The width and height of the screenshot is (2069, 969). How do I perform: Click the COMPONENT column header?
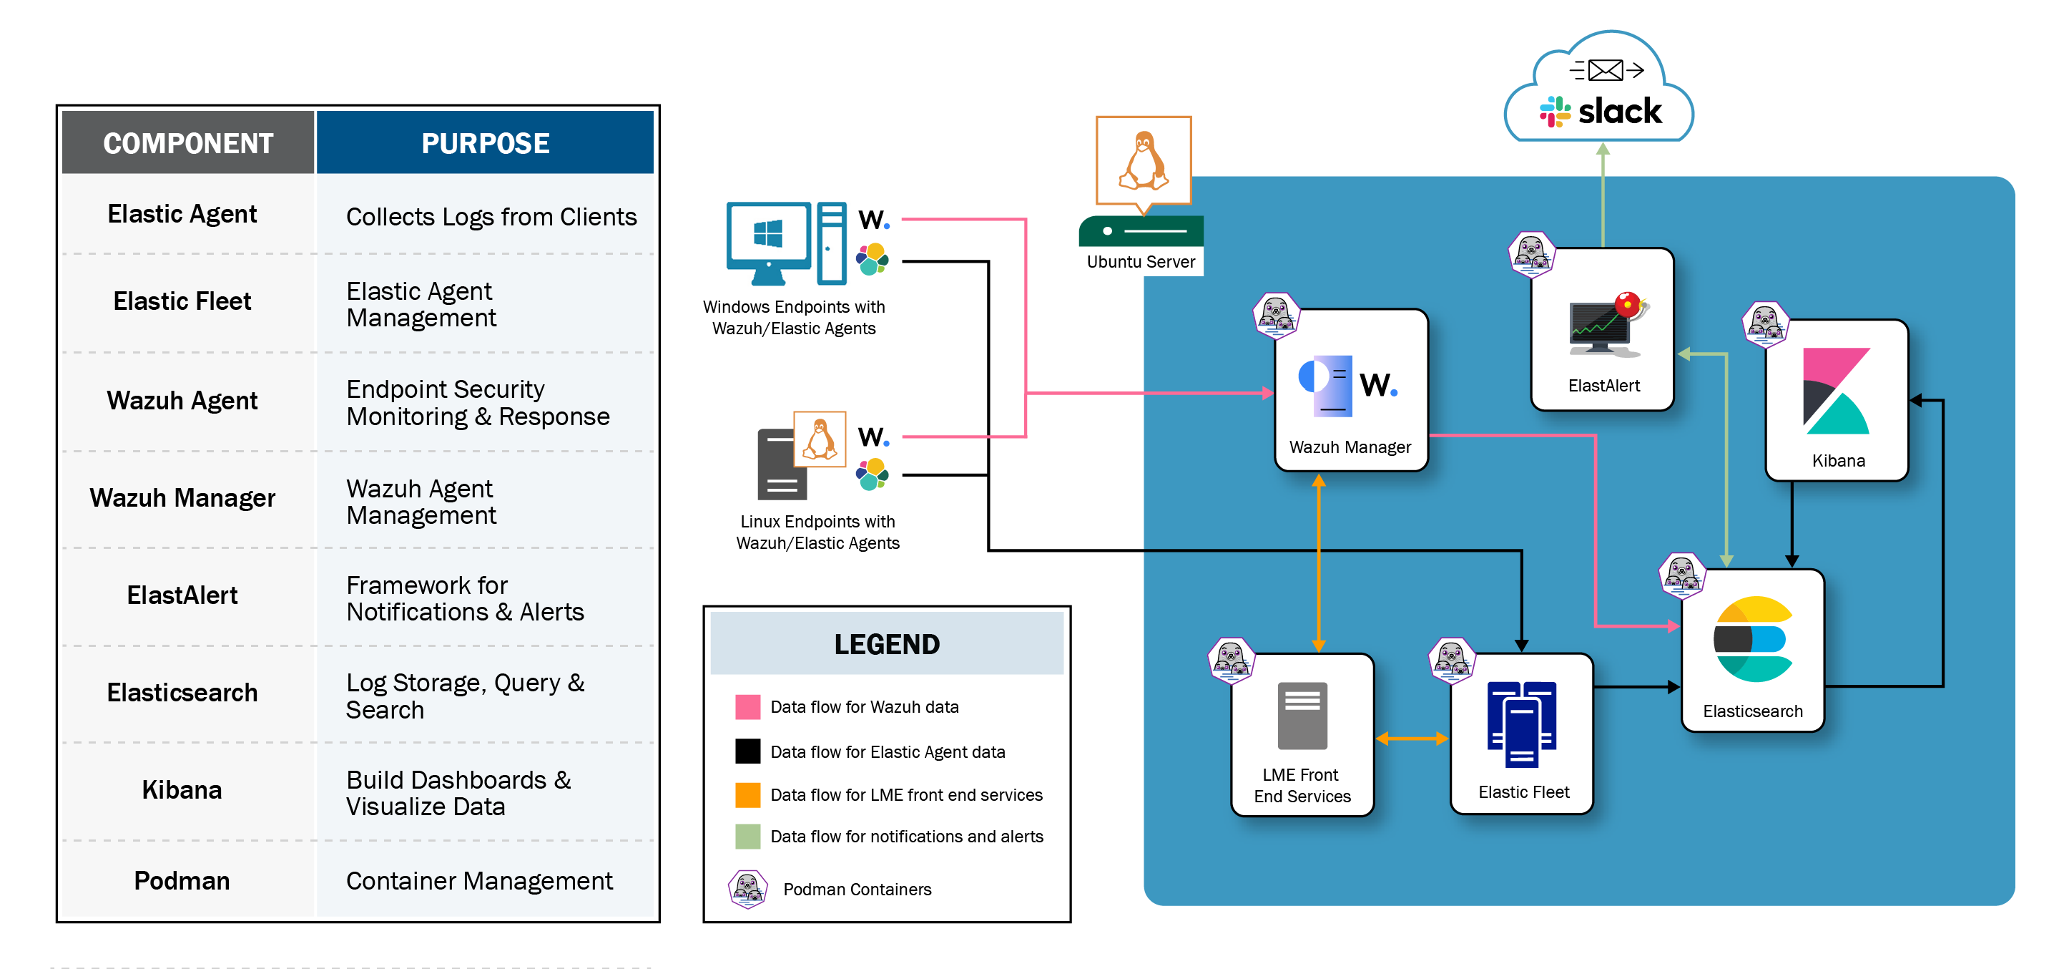click(188, 143)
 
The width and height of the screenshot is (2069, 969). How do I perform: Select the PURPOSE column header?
click(485, 143)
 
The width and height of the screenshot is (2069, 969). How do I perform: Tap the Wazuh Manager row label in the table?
click(182, 498)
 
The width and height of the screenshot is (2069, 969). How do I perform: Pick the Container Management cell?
click(479, 881)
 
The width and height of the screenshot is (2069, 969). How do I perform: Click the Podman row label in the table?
click(182, 881)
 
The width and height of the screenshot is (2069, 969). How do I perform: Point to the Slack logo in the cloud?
click(1601, 112)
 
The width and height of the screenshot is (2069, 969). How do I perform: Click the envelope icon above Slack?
click(1606, 71)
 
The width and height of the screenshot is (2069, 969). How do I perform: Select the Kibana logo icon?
click(1836, 391)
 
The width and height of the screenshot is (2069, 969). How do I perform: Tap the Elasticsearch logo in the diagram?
click(1753, 640)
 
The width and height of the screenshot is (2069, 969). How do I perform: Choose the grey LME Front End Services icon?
click(1302, 716)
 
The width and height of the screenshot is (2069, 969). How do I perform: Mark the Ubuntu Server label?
click(1141, 262)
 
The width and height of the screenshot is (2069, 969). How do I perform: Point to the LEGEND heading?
click(887, 644)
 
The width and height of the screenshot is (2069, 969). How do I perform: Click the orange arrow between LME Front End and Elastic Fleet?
click(1412, 739)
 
